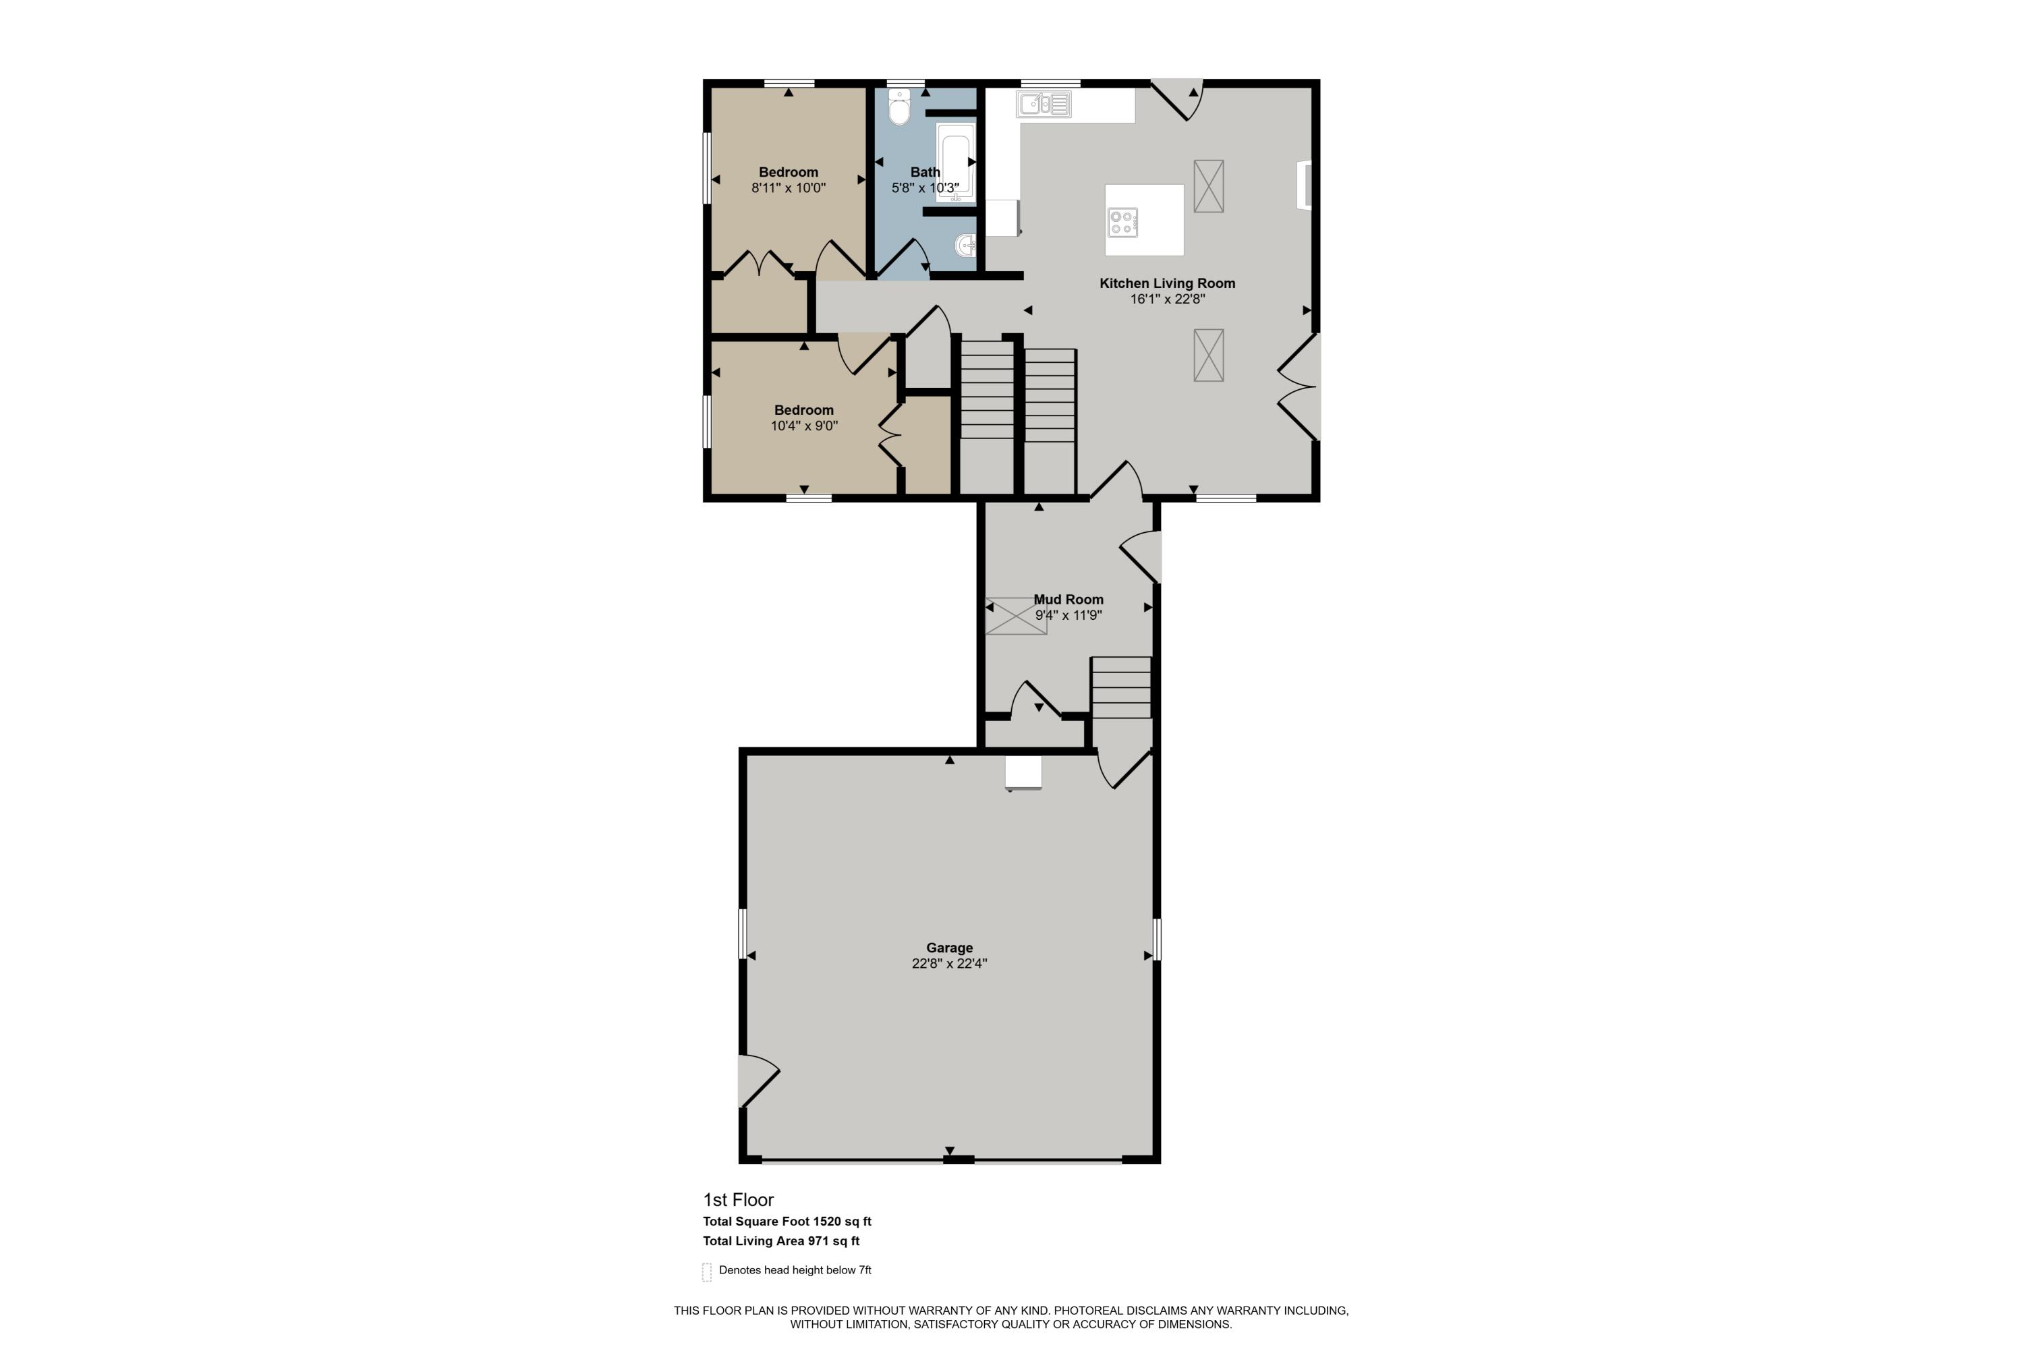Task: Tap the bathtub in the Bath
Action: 954,162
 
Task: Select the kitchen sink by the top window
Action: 1043,104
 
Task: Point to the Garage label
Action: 949,947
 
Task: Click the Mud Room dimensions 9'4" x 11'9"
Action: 1068,615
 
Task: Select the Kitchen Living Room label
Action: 1167,283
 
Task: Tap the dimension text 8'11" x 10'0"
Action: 788,188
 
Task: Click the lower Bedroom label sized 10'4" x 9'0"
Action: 803,410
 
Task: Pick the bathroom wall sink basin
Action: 965,246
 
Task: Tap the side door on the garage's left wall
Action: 758,1080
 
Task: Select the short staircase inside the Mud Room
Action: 1121,687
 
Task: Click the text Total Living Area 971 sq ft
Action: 780,1240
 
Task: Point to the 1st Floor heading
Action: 738,1199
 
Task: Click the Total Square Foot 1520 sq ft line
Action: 787,1221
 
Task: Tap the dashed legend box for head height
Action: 706,1271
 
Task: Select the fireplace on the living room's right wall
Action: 1305,185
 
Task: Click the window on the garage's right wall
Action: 1156,940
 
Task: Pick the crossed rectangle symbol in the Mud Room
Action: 1015,616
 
